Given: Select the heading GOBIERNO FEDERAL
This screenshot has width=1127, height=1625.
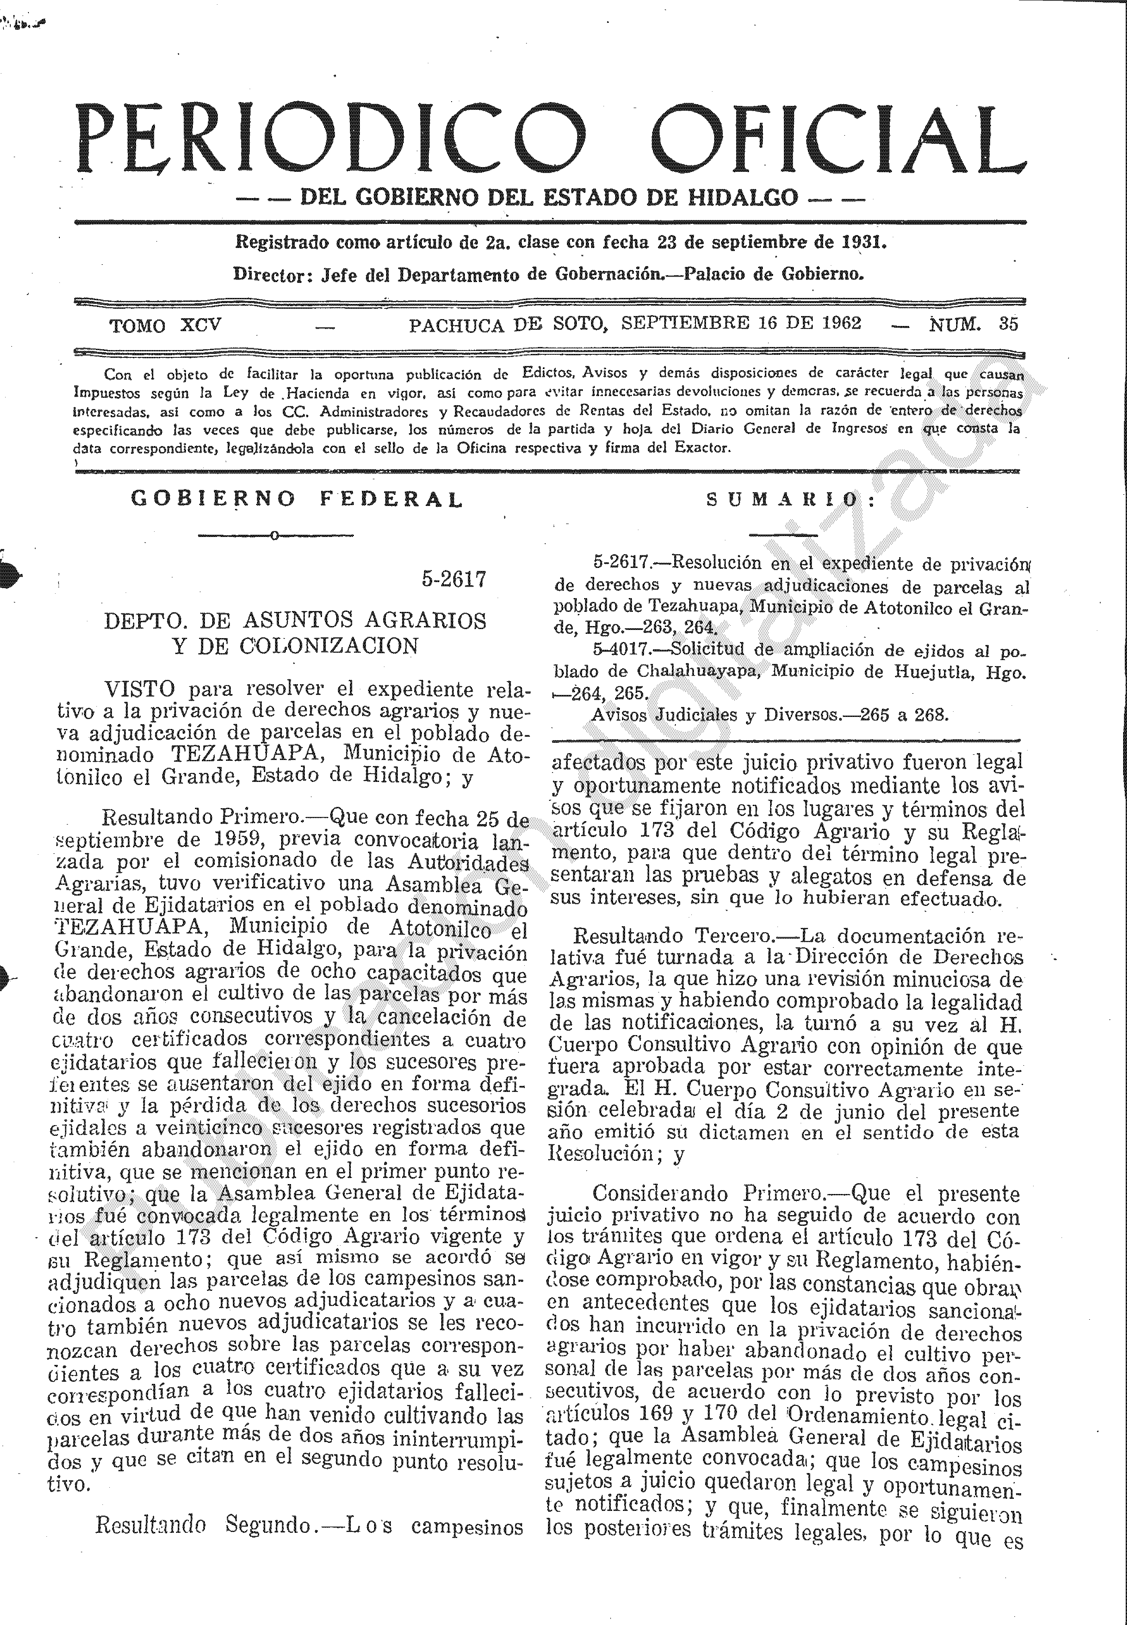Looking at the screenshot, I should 297,499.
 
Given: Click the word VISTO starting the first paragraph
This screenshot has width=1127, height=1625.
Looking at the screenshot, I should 139,688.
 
